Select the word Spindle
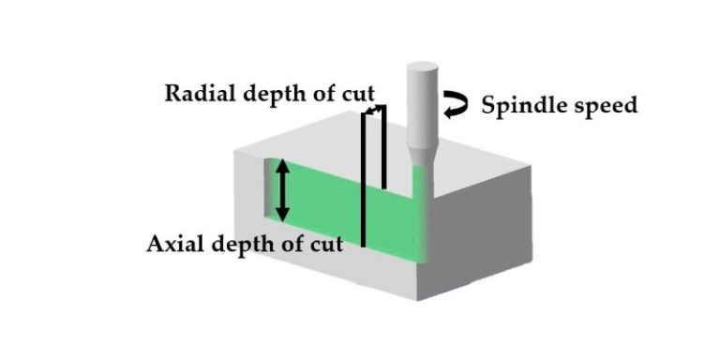click(517, 104)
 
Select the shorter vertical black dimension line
click(383, 150)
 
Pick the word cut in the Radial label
click(357, 94)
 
